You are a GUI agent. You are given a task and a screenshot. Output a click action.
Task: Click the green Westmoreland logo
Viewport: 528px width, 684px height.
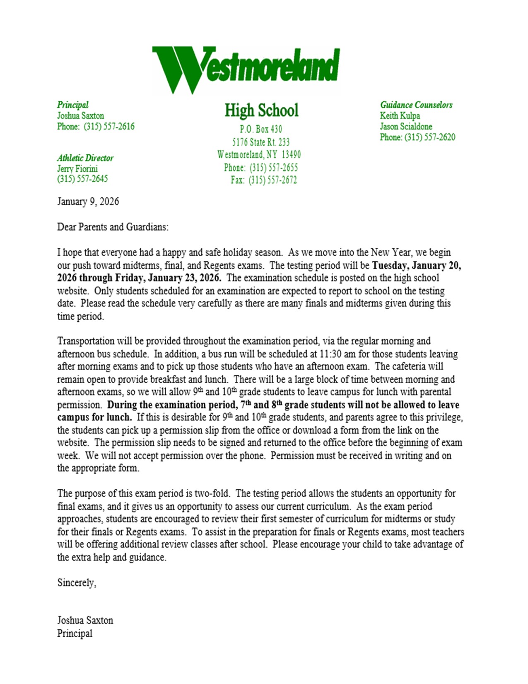[x=246, y=69]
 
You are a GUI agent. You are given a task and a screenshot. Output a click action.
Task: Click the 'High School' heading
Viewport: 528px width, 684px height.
[x=261, y=110]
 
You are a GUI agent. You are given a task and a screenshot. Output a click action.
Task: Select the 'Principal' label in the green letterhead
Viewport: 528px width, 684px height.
[x=73, y=105]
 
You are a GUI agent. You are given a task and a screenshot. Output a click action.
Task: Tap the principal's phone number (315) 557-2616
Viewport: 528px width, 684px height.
[x=109, y=126]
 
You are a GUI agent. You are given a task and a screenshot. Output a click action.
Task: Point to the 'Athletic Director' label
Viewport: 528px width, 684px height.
[x=85, y=158]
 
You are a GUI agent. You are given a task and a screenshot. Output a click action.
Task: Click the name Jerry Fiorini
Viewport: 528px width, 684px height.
[x=77, y=169]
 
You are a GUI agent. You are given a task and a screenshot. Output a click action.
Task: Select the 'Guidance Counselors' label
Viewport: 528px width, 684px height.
[x=416, y=105]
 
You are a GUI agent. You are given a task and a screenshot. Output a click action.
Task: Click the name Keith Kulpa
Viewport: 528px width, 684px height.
[x=400, y=116]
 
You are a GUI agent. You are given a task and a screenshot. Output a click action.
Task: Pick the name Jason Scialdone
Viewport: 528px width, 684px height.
[x=406, y=126]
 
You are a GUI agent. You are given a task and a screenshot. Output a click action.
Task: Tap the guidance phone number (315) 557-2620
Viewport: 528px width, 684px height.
[x=430, y=137]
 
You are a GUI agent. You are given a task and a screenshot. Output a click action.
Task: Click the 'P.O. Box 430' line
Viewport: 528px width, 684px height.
[x=261, y=129]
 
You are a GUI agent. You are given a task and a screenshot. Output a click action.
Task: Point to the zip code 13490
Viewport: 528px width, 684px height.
[x=291, y=155]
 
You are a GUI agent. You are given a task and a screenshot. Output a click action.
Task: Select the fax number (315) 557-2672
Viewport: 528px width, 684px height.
[x=273, y=180]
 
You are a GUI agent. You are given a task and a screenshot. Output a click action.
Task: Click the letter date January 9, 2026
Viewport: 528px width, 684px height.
[x=88, y=202]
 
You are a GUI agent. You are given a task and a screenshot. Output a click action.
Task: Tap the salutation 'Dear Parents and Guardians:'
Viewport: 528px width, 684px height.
[x=113, y=227]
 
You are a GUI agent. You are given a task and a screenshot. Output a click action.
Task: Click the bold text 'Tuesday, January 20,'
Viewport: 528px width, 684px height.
[x=417, y=265]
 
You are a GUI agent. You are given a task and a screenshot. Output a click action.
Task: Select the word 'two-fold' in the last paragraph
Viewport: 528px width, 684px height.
[x=212, y=494]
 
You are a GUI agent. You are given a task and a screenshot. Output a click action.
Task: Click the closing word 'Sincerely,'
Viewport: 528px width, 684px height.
[x=77, y=583]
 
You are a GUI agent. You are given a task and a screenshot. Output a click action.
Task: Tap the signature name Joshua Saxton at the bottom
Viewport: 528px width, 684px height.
[x=85, y=621]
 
